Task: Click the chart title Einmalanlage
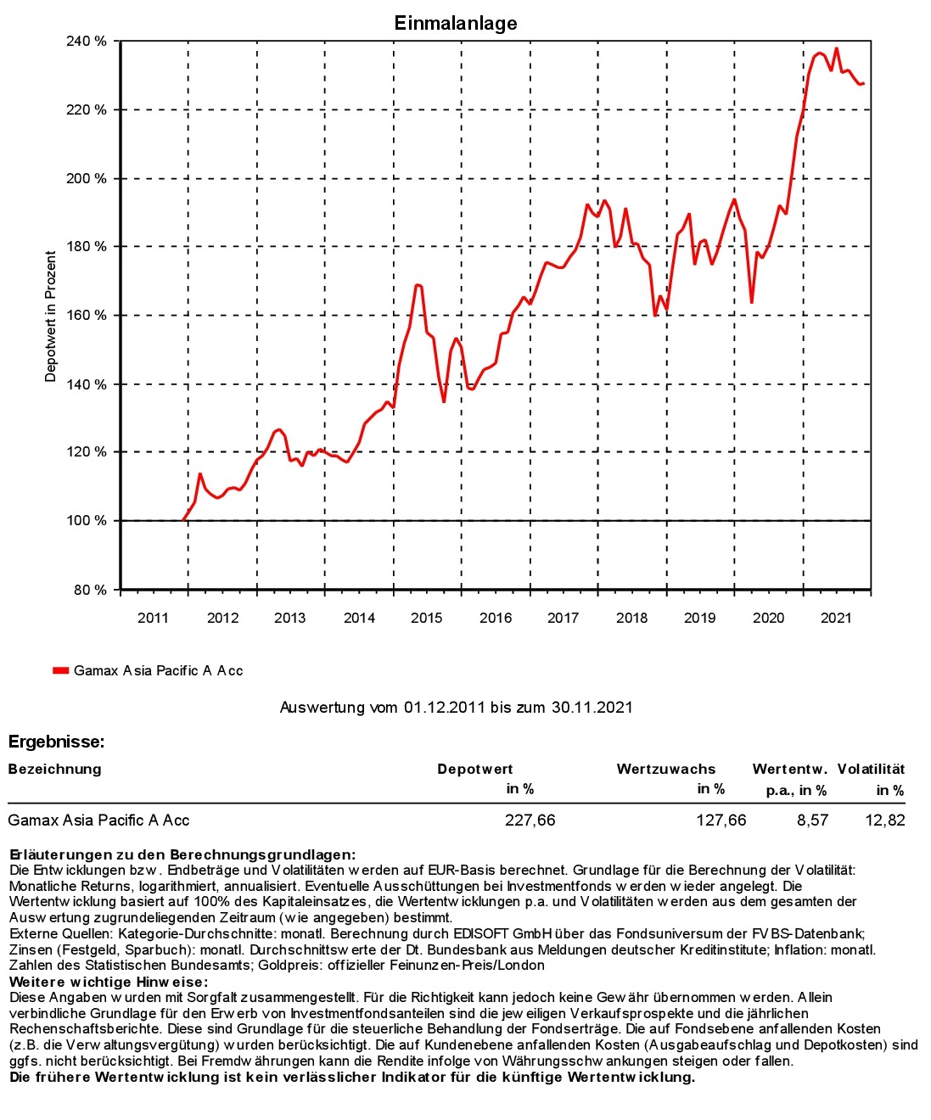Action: pos(456,23)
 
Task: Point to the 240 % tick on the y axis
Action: pos(87,42)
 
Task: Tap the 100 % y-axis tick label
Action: pos(87,520)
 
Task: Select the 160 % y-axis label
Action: pos(87,316)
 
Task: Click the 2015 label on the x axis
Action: pos(427,618)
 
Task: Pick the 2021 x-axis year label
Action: pos(837,618)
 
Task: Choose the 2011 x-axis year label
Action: pos(153,618)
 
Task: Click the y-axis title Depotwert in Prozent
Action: pos(50,316)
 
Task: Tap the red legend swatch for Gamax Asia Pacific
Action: pos(60,670)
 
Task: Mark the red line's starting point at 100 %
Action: pos(183,520)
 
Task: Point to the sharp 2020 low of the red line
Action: pos(752,303)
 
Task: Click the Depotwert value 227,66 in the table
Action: pos(530,820)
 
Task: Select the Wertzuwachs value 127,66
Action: pos(721,820)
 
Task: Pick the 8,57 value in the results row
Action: pos(812,820)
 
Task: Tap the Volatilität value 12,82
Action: pos(885,820)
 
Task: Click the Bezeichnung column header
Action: pos(54,770)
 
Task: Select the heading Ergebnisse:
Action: pos(56,742)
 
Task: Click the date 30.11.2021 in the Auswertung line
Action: pos(592,707)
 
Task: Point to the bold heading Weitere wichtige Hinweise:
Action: pos(109,982)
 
